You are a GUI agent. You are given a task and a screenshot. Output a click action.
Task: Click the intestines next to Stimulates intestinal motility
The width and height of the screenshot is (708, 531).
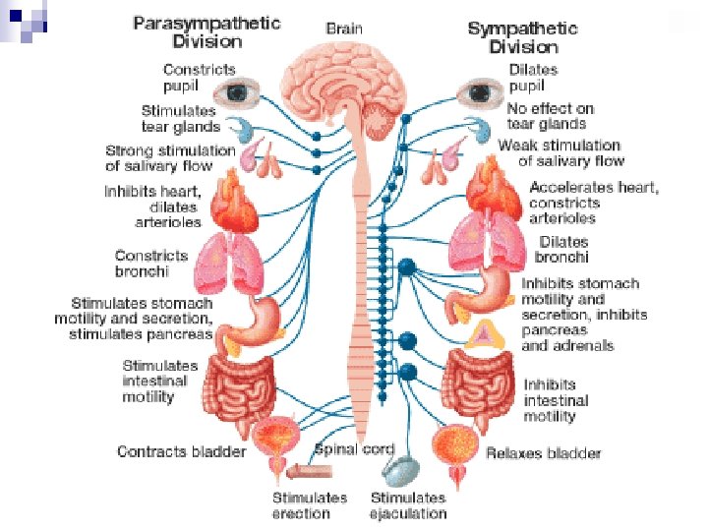coord(240,383)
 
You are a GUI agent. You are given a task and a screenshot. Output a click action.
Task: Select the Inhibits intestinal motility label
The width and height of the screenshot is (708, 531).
coord(556,400)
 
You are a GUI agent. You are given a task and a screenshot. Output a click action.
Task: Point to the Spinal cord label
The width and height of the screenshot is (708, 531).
coord(354,449)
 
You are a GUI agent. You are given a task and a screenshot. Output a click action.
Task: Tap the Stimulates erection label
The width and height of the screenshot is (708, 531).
coord(309,505)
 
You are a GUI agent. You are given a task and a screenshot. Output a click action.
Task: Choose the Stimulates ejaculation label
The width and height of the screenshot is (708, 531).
coord(409,505)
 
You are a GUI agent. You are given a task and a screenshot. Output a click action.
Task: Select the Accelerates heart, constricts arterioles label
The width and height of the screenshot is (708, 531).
coord(594,203)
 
